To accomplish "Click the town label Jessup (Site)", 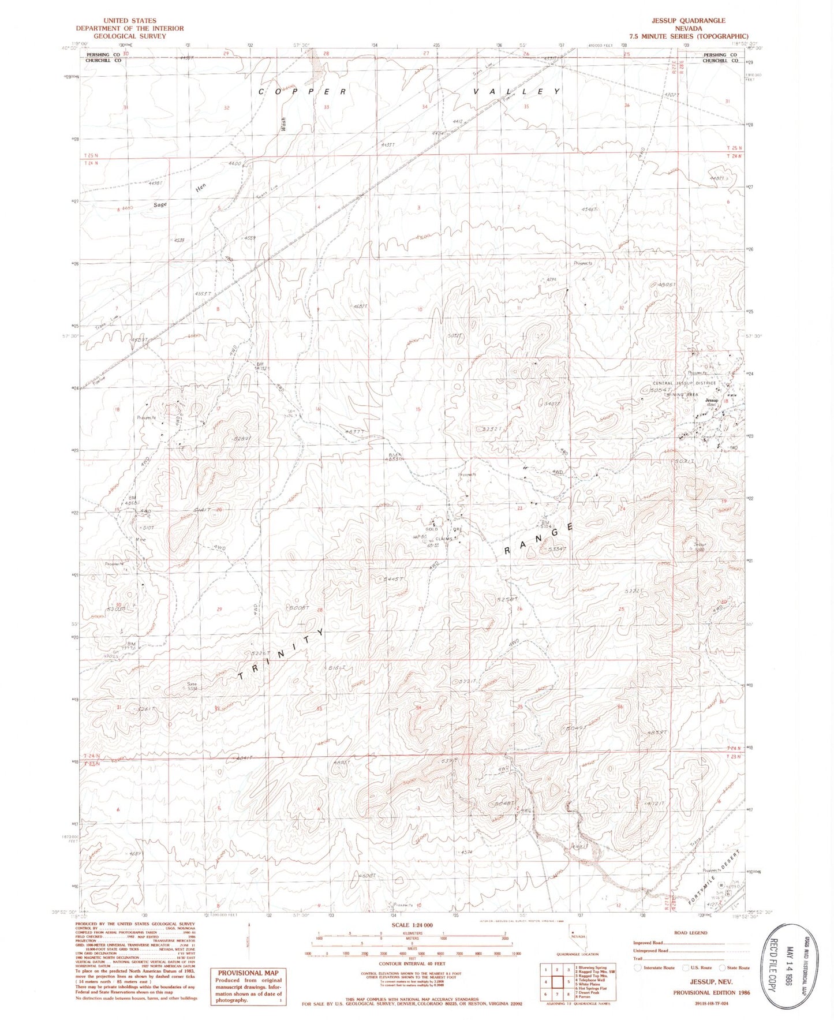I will pos(711,401).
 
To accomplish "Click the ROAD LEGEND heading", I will pos(690,932).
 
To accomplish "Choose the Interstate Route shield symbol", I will pos(637,967).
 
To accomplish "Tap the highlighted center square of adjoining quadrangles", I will pos(558,981).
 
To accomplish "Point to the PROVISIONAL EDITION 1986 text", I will pos(711,992).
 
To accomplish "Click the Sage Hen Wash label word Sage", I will pos(160,205).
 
